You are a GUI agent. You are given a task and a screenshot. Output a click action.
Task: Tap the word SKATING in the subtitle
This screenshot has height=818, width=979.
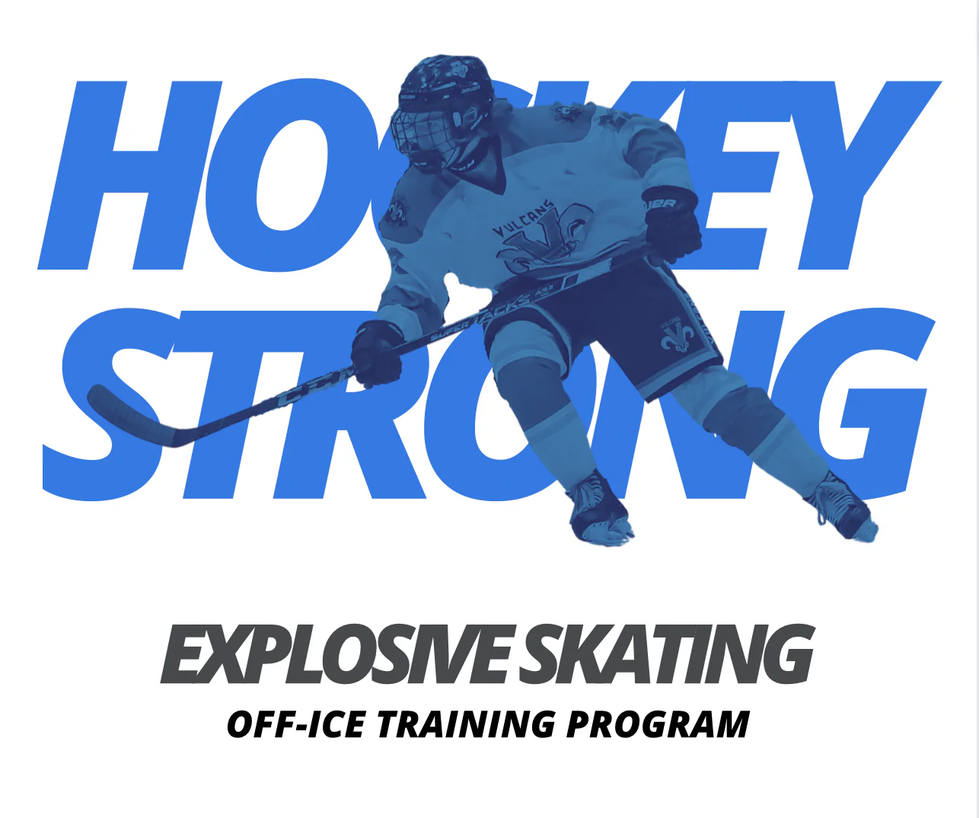666,653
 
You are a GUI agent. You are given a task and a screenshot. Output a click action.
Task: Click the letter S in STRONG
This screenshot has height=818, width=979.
108,404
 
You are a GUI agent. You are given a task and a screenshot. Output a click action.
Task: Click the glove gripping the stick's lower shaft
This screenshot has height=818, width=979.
378,354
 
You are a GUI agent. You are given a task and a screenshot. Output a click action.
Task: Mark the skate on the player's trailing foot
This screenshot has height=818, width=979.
842,509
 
